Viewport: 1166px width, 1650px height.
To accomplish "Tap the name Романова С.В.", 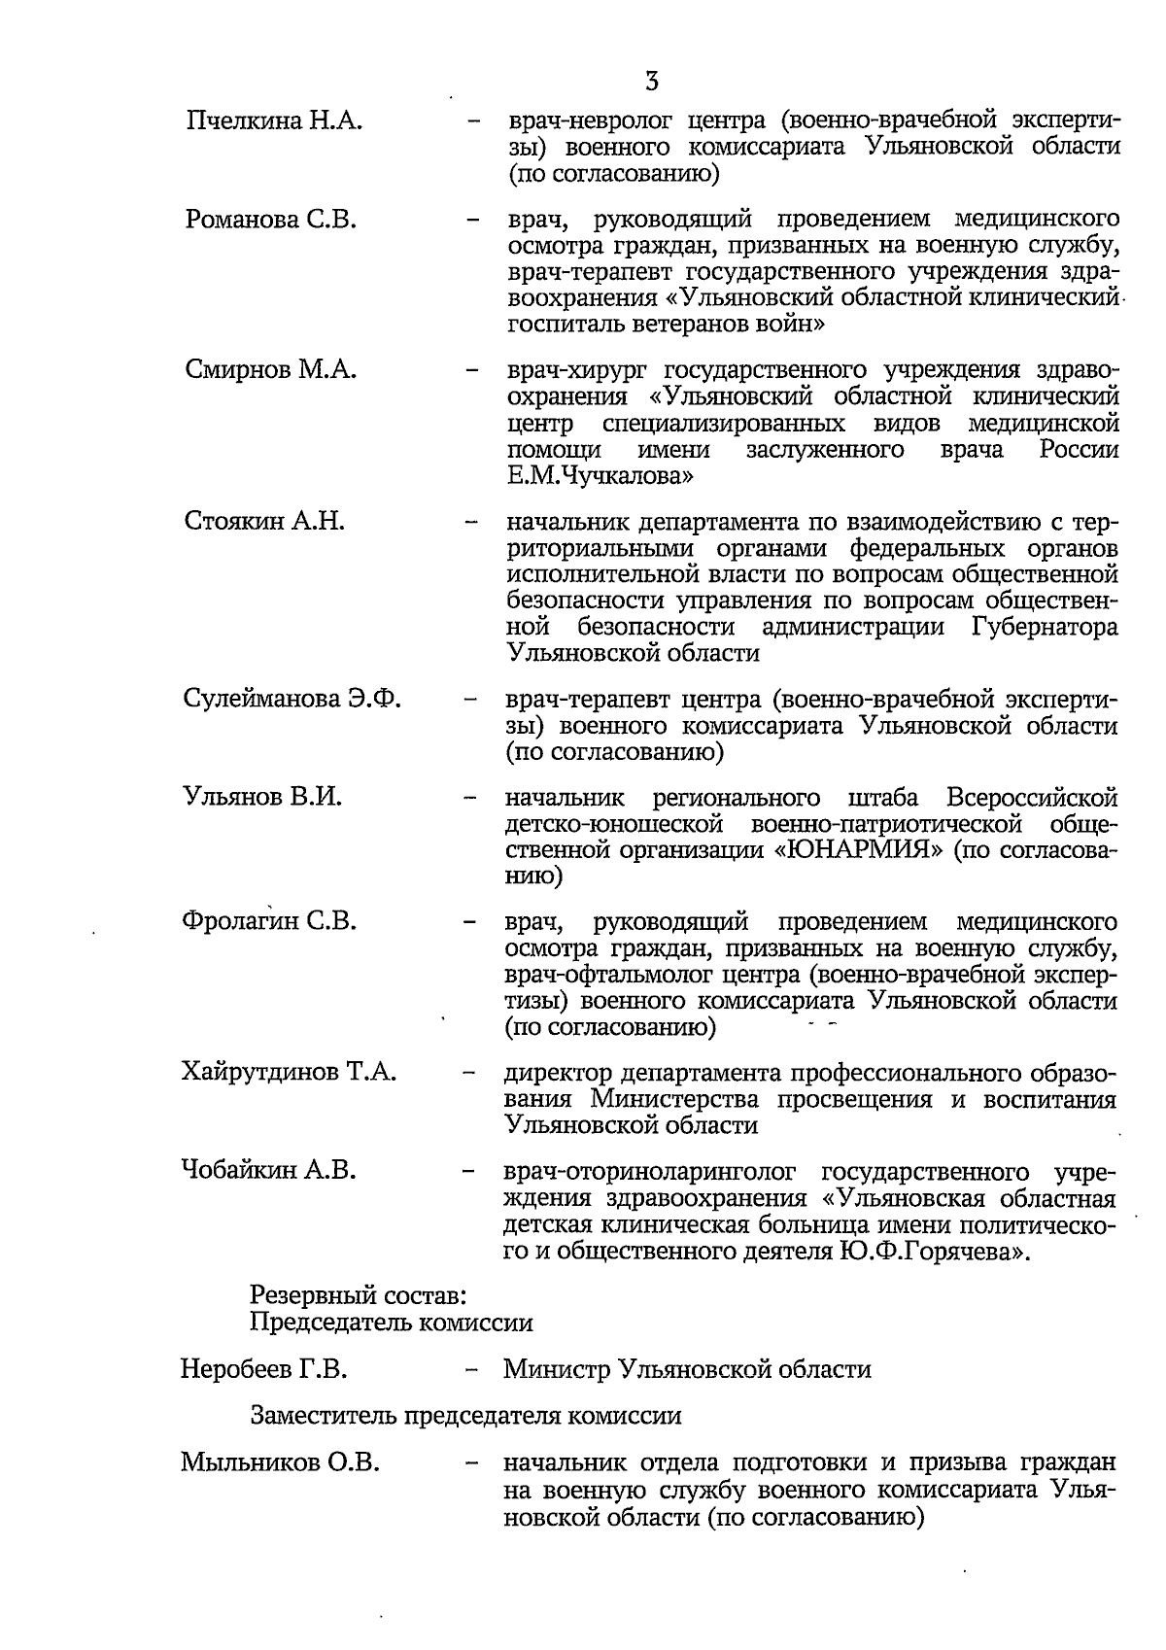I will [x=271, y=220].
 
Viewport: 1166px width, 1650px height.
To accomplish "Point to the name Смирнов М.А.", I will [x=271, y=370].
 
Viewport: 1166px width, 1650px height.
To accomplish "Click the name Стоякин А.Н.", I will [x=264, y=521].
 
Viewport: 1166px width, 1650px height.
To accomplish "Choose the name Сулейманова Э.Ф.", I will [x=291, y=699].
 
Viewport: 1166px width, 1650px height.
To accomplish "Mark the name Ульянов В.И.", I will [x=262, y=798].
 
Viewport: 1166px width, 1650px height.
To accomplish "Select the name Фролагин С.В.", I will [x=270, y=921].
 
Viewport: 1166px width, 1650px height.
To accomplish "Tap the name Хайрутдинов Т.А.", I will [x=289, y=1073].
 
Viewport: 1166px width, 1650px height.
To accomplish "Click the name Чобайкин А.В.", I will [x=268, y=1171].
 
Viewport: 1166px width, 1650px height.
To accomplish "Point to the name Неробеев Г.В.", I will [x=264, y=1370].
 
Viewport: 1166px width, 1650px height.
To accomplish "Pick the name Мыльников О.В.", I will [x=280, y=1463].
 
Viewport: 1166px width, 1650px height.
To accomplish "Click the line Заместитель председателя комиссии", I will [x=465, y=1416].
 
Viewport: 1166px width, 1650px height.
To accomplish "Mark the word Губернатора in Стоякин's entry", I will [x=1045, y=627].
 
